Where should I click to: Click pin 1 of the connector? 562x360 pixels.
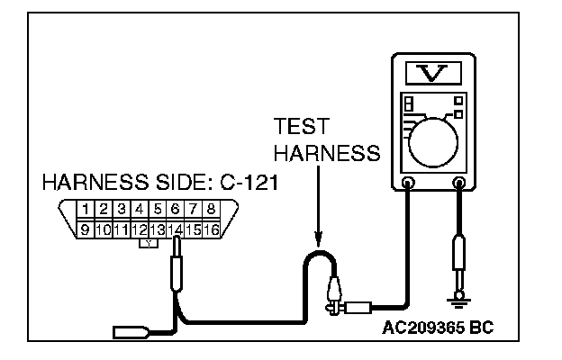[x=85, y=210]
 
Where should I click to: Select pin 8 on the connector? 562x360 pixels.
[x=211, y=210]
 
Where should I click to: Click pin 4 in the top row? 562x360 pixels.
[x=139, y=210]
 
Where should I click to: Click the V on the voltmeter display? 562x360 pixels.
[x=432, y=72]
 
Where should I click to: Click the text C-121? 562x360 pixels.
[x=244, y=184]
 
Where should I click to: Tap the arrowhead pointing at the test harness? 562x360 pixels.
[x=317, y=241]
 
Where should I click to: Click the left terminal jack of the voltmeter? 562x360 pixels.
[x=408, y=184]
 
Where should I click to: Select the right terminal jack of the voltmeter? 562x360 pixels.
[x=460, y=184]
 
